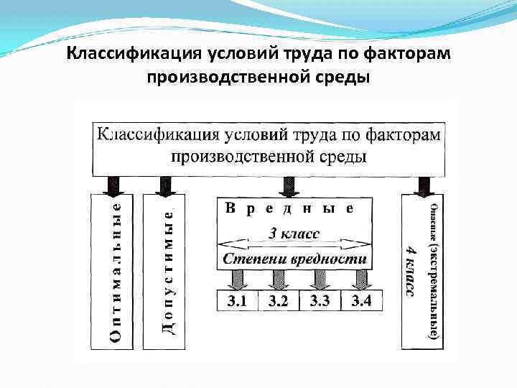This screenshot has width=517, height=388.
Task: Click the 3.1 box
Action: (x=237, y=301)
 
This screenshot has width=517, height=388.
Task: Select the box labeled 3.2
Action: (x=278, y=301)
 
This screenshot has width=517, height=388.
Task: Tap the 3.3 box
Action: (x=320, y=301)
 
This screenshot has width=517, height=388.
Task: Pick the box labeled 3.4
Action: (x=361, y=301)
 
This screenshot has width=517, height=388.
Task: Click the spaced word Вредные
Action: (x=290, y=210)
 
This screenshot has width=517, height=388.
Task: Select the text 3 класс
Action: (x=294, y=233)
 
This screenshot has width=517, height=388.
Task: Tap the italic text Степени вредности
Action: (x=294, y=259)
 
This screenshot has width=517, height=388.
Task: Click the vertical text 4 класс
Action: (x=410, y=270)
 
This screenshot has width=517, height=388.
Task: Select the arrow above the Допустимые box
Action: (x=166, y=185)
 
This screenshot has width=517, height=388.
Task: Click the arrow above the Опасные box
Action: (x=422, y=185)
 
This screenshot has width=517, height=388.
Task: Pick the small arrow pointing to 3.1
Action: (x=234, y=279)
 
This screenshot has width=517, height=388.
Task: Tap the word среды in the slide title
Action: (x=348, y=75)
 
